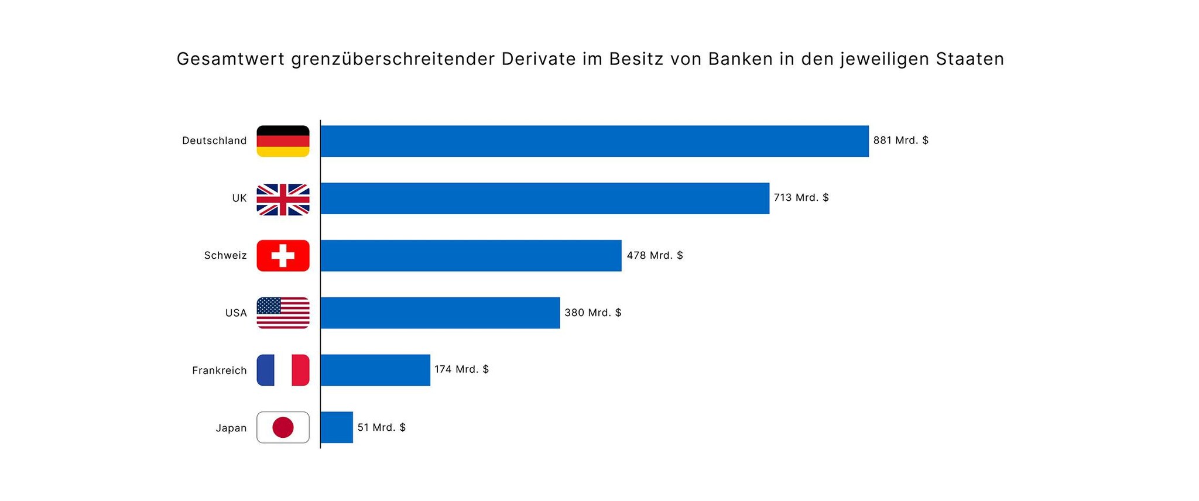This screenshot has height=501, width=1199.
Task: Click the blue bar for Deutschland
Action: click(594, 141)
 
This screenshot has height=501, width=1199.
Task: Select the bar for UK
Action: click(544, 198)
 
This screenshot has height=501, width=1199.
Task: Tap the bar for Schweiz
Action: click(471, 256)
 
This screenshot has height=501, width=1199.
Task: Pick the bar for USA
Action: click(440, 313)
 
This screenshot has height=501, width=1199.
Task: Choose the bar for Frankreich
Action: click(375, 370)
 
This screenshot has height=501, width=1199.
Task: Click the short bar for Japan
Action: click(337, 427)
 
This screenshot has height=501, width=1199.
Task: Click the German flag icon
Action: click(283, 141)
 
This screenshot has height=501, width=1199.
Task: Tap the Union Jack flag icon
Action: click(283, 199)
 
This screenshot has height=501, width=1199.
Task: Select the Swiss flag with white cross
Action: click(283, 256)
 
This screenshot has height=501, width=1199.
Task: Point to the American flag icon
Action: click(283, 313)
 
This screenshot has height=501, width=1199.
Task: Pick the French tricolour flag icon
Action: click(283, 370)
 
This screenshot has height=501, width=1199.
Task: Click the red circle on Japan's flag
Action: click(283, 427)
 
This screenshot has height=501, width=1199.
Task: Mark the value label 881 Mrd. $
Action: click(900, 140)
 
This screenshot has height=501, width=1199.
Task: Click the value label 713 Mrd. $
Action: click(801, 198)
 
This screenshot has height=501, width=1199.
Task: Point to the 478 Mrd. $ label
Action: click(655, 255)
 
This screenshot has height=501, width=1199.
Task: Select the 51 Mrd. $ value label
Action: click(381, 427)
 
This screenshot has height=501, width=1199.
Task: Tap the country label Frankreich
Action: click(220, 370)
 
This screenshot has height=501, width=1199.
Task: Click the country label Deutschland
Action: click(214, 140)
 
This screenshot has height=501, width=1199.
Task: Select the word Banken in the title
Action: click(741, 59)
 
